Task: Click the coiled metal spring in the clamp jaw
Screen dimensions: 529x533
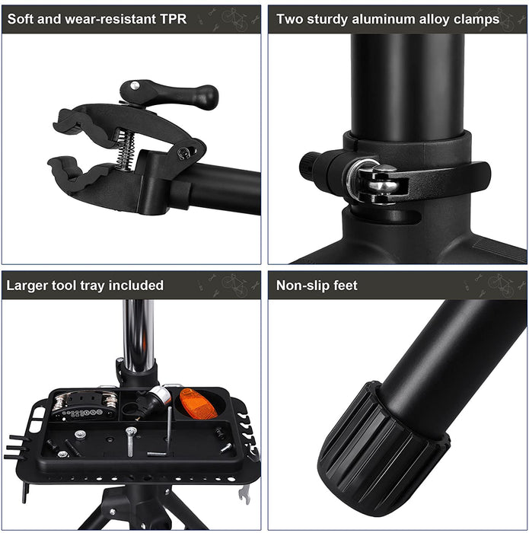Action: [125, 150]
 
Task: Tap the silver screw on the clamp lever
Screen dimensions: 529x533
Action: [135, 85]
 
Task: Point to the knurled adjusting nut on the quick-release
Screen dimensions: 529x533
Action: [308, 166]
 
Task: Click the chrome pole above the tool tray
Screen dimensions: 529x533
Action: [138, 336]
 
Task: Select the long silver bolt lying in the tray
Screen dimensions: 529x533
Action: [130, 441]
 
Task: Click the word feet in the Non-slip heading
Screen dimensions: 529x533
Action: [346, 286]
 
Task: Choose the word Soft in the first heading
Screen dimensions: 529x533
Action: [21, 19]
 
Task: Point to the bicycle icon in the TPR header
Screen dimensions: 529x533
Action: [235, 19]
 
